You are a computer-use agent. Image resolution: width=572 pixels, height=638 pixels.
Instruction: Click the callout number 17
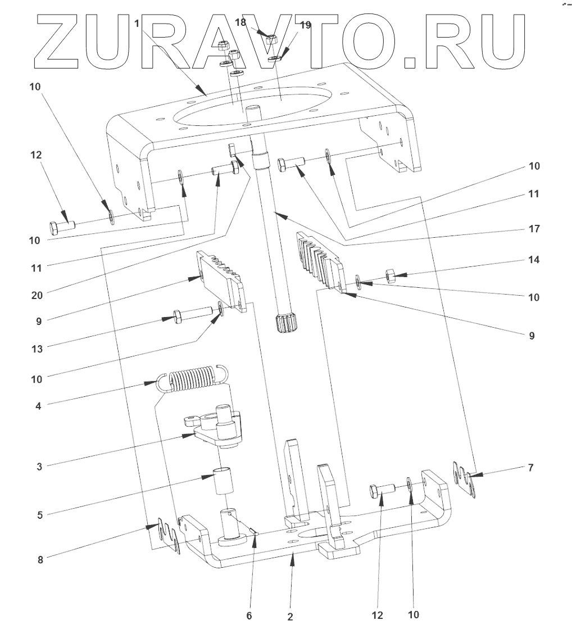click(x=533, y=229)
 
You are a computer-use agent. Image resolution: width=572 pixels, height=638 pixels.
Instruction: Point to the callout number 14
click(x=533, y=260)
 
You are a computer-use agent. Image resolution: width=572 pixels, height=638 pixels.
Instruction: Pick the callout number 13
click(x=37, y=349)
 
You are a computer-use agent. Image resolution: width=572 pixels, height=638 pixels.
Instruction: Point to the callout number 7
click(x=530, y=468)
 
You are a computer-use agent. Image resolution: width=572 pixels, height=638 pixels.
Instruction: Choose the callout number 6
click(x=249, y=616)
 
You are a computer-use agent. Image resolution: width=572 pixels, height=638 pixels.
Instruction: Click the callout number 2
click(x=290, y=617)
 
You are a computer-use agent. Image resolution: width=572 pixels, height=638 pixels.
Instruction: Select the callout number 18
click(x=240, y=21)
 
